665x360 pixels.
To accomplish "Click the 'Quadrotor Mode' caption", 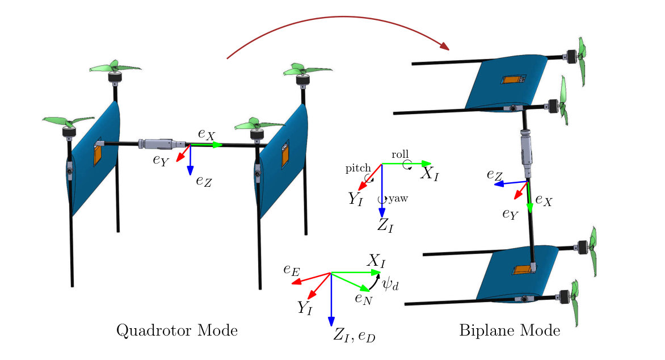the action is click(177, 330).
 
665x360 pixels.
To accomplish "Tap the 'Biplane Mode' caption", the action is click(510, 330).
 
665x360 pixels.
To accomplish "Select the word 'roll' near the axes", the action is click(400, 154).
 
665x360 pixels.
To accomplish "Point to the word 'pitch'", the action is click(358, 169).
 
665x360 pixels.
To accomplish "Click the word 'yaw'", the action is click(398, 198).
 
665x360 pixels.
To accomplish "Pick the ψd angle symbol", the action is click(390, 283).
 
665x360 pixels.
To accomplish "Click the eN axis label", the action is click(364, 299).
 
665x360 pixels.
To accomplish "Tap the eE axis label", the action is click(292, 270).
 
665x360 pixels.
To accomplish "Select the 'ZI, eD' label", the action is click(354, 335).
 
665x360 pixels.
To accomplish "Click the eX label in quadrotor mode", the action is click(207, 134).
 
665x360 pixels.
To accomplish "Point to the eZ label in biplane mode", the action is click(495, 175).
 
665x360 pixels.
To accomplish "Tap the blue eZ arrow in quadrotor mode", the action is click(190, 160).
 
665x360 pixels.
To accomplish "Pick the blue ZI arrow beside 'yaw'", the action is click(382, 191).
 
